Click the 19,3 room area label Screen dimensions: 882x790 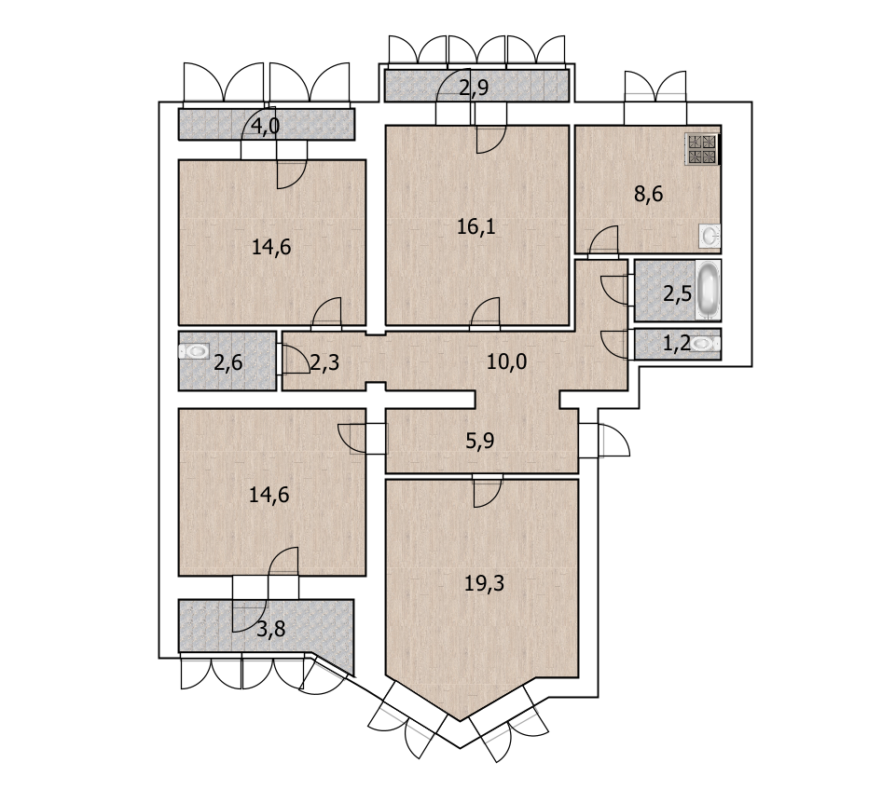[x=484, y=584]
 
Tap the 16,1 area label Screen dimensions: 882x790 [x=475, y=227]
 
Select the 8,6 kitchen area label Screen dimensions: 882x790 [x=649, y=195]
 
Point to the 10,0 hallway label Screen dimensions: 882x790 [x=507, y=361]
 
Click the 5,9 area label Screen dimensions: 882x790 [x=480, y=441]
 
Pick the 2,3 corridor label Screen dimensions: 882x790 [x=324, y=363]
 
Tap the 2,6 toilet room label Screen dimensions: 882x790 [x=228, y=363]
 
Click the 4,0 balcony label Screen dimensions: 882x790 [x=265, y=127]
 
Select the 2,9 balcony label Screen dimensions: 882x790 [x=474, y=89]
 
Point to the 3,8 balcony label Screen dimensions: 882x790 [x=271, y=630]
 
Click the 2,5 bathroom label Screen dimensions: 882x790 [x=677, y=293]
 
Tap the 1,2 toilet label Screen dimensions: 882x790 [x=677, y=343]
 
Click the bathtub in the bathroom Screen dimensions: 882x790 [x=708, y=290]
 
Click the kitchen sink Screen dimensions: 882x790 [x=710, y=236]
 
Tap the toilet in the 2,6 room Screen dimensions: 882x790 [x=194, y=352]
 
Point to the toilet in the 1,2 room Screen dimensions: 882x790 [x=706, y=344]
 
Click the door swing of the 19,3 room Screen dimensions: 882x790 [x=487, y=494]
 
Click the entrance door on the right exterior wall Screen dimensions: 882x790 [x=613, y=440]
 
